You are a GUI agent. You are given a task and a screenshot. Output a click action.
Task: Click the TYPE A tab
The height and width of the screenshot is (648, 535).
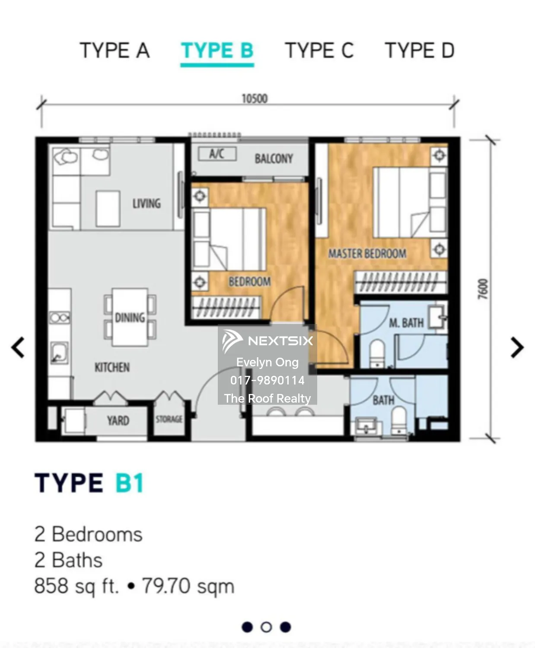[x=115, y=51]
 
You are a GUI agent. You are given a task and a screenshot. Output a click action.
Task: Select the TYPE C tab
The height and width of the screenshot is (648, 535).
[x=319, y=51]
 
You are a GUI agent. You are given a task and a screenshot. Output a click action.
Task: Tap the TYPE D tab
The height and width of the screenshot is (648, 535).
[x=419, y=51]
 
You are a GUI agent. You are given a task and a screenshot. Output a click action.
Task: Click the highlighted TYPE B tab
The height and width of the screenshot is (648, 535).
[x=217, y=51]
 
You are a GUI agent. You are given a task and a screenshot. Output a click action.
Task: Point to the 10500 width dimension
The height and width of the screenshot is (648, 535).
[x=254, y=98]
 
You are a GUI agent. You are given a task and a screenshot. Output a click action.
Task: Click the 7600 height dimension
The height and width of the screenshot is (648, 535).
[x=483, y=289]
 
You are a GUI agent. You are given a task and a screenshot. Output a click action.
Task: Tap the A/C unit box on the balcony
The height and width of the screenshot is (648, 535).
[x=217, y=154]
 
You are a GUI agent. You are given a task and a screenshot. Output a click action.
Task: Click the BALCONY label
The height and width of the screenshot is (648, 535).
[x=274, y=159]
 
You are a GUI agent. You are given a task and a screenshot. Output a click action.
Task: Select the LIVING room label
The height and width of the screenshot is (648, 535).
[x=146, y=203]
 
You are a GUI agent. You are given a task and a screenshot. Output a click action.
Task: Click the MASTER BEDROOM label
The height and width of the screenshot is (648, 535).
[x=367, y=254]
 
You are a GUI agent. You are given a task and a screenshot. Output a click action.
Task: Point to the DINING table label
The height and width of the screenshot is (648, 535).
[x=130, y=318]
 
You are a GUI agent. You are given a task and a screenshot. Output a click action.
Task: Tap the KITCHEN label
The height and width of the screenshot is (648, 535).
[x=112, y=367]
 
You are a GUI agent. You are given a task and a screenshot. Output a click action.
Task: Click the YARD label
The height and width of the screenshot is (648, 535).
[x=118, y=420]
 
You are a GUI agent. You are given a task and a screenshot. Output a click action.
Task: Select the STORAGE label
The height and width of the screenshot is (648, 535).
[x=169, y=419]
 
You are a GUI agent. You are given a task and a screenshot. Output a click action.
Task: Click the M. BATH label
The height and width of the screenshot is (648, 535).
[x=406, y=323]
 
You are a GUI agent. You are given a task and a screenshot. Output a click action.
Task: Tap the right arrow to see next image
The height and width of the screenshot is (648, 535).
[x=517, y=347]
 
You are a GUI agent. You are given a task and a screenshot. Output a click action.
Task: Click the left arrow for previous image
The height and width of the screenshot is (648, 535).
[x=18, y=347]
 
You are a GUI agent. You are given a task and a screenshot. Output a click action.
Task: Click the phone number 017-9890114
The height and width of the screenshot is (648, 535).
[x=267, y=380]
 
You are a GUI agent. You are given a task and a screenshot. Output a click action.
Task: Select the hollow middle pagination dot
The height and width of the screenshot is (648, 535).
[x=266, y=627]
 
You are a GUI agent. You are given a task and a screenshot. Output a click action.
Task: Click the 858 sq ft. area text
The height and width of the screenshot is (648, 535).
[x=76, y=586]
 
